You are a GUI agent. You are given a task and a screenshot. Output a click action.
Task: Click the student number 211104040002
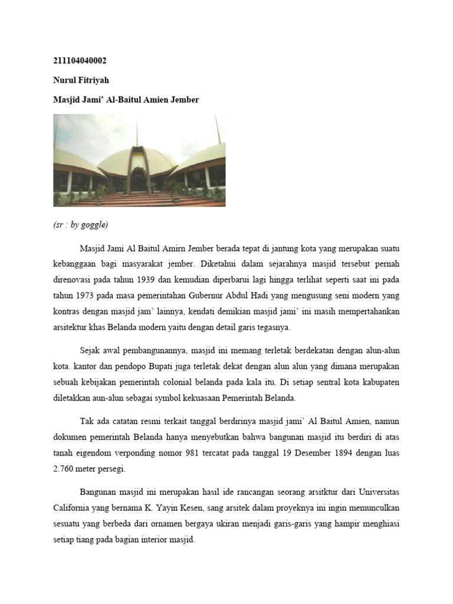(80, 61)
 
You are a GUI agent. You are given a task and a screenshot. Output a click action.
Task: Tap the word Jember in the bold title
(185, 100)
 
